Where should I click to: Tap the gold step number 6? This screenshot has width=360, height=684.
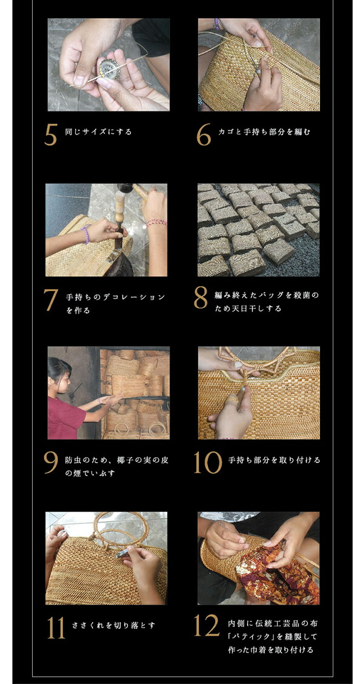point(203,135)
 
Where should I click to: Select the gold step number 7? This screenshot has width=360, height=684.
point(51,300)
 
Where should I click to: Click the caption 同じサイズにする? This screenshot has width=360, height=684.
point(98,132)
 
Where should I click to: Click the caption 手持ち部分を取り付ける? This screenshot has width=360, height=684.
point(274,460)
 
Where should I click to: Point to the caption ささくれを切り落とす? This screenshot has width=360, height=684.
point(113,625)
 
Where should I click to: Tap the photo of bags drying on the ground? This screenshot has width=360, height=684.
point(258,230)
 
